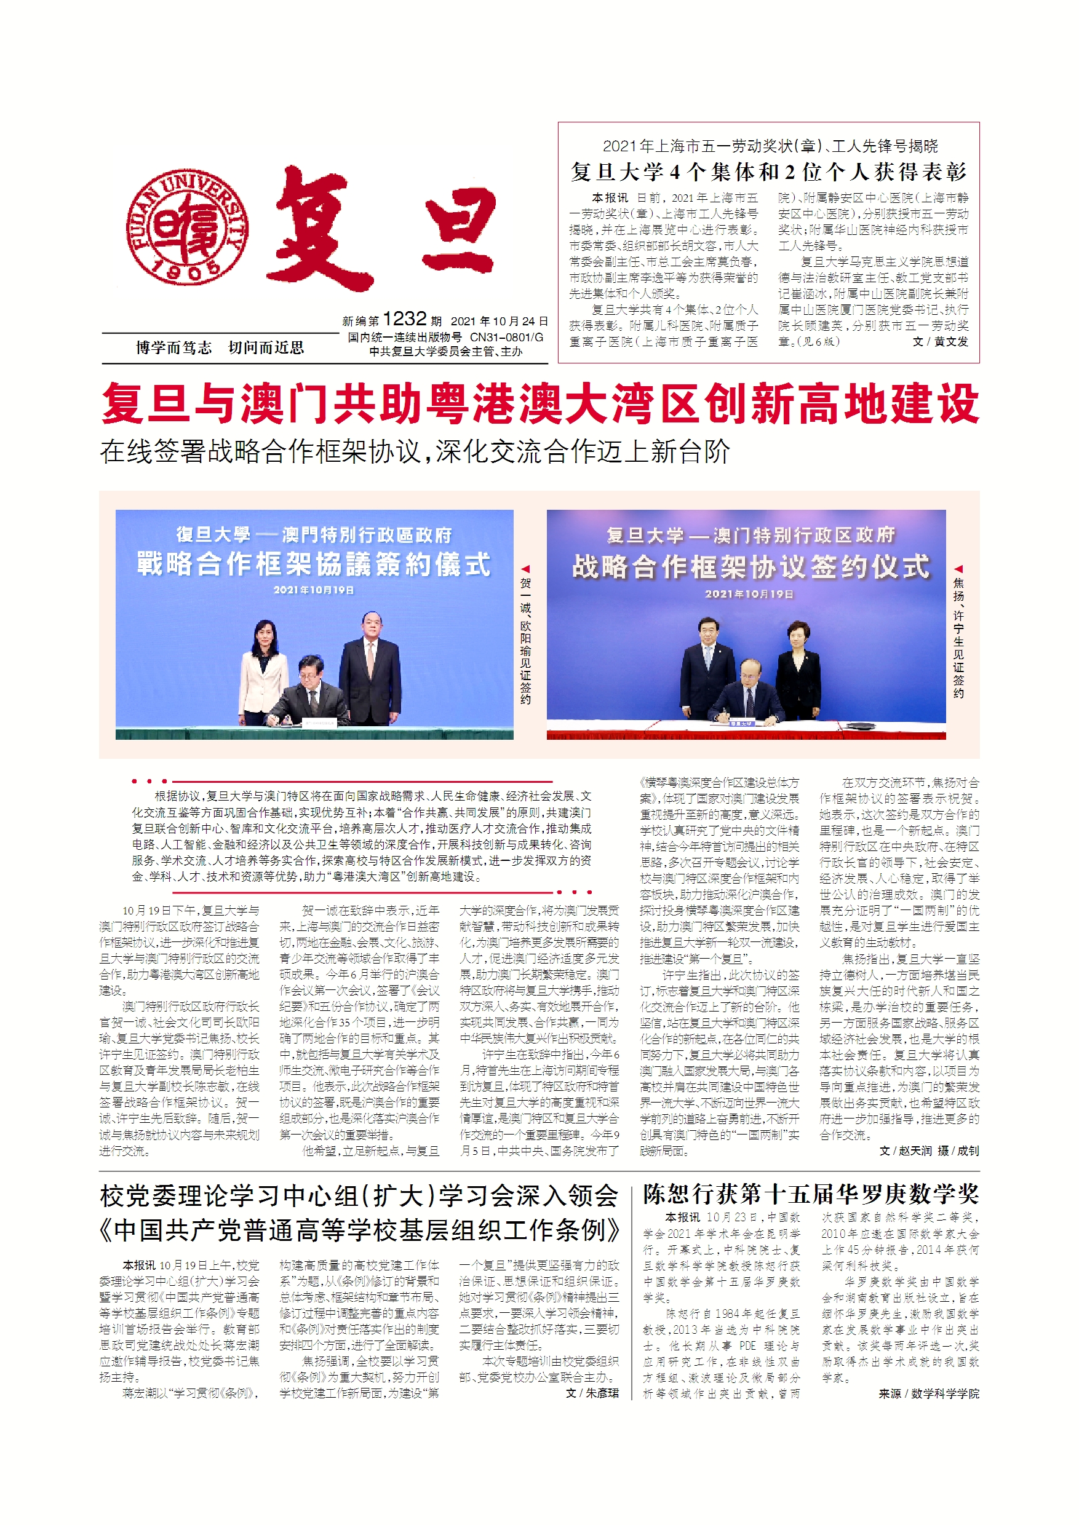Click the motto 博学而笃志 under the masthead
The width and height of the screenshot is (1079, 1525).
[173, 347]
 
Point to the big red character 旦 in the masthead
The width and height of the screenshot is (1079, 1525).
[460, 229]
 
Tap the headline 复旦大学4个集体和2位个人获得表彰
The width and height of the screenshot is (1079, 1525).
[768, 172]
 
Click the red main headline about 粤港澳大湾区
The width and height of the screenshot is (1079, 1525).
[539, 404]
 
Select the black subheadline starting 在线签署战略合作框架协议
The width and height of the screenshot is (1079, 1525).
[415, 451]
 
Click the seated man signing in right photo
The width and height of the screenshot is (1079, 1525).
[748, 695]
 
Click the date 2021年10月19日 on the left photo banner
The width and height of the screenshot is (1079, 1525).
[314, 590]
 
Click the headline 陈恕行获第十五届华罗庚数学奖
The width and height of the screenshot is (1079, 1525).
[811, 1194]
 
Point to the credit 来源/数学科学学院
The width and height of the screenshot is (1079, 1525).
[928, 1393]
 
